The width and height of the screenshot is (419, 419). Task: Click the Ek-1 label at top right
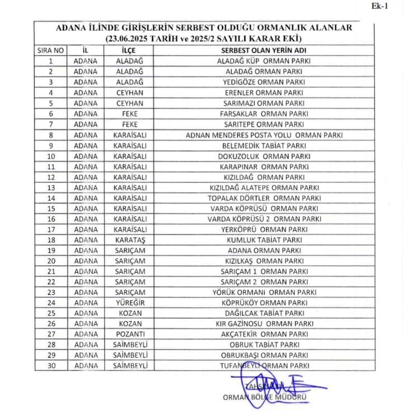[x=395, y=6]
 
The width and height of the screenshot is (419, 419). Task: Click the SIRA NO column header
[x=51, y=50]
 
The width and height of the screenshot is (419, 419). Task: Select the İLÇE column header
[x=130, y=50]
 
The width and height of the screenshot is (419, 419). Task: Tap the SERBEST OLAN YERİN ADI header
[x=264, y=50]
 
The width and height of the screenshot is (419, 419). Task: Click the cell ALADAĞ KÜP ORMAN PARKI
[x=264, y=61]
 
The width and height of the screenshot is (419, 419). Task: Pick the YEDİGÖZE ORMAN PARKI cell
[x=264, y=82]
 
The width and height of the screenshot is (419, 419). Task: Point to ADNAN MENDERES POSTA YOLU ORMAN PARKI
[x=264, y=135]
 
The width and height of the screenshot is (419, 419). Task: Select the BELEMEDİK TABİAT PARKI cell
[x=264, y=145]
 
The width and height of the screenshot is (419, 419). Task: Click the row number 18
[x=51, y=240]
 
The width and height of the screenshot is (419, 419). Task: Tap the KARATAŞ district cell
[x=130, y=240]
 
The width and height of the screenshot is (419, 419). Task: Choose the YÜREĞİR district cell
[x=130, y=303]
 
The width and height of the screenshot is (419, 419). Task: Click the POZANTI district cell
[x=130, y=334]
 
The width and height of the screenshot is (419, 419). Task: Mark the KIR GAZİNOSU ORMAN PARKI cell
[x=264, y=323]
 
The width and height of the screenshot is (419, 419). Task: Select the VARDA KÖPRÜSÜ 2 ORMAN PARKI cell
[x=264, y=219]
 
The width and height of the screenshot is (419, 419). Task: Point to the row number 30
[x=51, y=366]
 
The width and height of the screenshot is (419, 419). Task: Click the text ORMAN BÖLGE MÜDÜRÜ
[x=265, y=398]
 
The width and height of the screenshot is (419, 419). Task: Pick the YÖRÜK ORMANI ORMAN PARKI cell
[x=264, y=292]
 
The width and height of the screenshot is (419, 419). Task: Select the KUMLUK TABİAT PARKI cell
[x=264, y=240]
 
